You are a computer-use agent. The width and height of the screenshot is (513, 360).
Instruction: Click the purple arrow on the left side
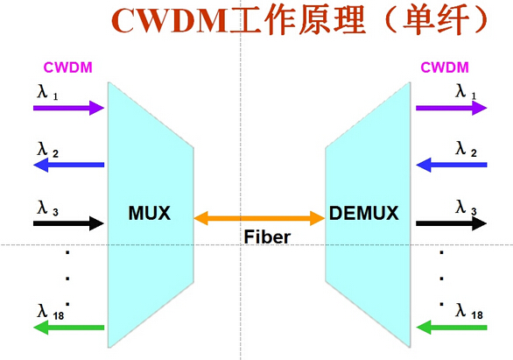tap(68, 108)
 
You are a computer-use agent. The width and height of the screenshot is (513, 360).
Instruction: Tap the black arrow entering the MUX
tap(68, 222)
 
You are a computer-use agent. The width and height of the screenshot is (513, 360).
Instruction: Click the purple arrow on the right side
tap(451, 108)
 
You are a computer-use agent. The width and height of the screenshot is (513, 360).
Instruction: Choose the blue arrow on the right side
tap(451, 165)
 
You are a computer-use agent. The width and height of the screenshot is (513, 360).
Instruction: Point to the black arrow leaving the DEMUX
tap(451, 222)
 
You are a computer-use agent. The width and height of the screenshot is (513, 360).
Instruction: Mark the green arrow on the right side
tap(451, 328)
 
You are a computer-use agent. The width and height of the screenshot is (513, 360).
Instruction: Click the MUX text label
tap(149, 213)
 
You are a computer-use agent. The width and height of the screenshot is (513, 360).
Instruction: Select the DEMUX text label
tap(364, 213)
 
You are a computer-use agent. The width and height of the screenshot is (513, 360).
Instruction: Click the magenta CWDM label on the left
tap(68, 67)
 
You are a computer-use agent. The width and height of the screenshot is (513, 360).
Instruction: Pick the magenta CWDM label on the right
tap(445, 67)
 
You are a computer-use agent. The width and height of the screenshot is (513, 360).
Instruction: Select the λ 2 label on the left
tap(47, 151)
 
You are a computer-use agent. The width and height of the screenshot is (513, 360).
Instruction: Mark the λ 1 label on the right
tap(466, 90)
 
